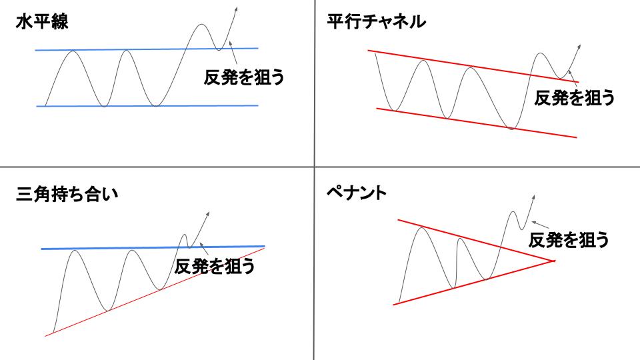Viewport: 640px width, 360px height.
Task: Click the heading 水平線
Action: click(x=42, y=21)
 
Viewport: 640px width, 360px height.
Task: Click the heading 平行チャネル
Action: click(x=376, y=21)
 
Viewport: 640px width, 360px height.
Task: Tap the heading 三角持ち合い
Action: click(x=67, y=194)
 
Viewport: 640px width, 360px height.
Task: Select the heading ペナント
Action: click(x=357, y=193)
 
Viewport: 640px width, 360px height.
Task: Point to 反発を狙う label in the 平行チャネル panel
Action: click(x=575, y=98)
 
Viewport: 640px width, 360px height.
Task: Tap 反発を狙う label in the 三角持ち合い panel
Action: click(x=215, y=267)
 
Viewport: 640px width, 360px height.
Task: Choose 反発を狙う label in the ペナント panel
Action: click(x=569, y=240)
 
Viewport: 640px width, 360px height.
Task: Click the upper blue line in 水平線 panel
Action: click(x=147, y=49)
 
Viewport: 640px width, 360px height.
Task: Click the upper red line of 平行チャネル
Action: click(x=473, y=66)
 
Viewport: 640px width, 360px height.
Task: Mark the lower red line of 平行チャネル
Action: click(x=476, y=123)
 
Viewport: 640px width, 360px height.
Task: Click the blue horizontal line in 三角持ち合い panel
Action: click(x=153, y=248)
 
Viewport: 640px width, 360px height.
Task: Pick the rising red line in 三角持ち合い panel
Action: click(x=155, y=291)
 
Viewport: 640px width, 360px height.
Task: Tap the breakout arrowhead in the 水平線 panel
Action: click(x=235, y=10)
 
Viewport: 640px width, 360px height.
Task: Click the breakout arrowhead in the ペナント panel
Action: click(x=533, y=199)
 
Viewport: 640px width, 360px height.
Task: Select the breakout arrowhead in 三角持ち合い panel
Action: click(x=207, y=215)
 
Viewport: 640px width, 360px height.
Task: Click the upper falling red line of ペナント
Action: click(x=476, y=240)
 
